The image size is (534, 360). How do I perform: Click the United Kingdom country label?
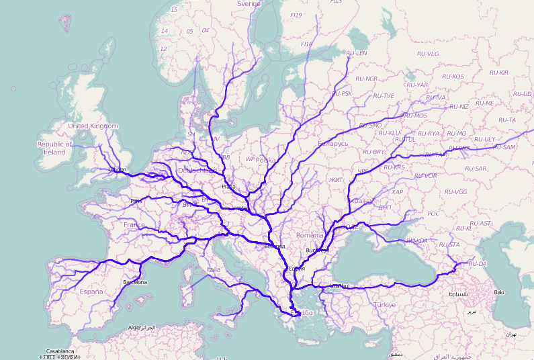click(93, 126)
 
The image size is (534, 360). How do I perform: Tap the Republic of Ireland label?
click(54, 148)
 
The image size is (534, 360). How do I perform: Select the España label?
click(91, 292)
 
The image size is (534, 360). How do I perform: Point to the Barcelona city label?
click(135, 282)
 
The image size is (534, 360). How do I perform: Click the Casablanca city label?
click(60, 351)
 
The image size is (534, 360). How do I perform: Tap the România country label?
click(310, 235)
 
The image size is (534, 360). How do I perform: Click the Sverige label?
click(249, 4)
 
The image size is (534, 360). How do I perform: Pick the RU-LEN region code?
click(356, 53)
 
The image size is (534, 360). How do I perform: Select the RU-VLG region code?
click(427, 54)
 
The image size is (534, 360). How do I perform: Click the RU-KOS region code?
click(453, 77)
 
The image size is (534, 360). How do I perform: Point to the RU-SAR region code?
click(475, 168)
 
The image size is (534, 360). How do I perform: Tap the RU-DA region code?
click(478, 263)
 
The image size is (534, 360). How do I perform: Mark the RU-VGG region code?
click(456, 191)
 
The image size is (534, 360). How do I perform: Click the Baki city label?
click(498, 292)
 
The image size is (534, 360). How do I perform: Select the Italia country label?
click(213, 269)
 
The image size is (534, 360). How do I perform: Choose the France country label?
click(134, 225)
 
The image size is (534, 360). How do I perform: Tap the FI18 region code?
click(307, 44)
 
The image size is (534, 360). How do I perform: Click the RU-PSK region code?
click(342, 93)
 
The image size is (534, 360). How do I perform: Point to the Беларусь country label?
click(332, 143)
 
